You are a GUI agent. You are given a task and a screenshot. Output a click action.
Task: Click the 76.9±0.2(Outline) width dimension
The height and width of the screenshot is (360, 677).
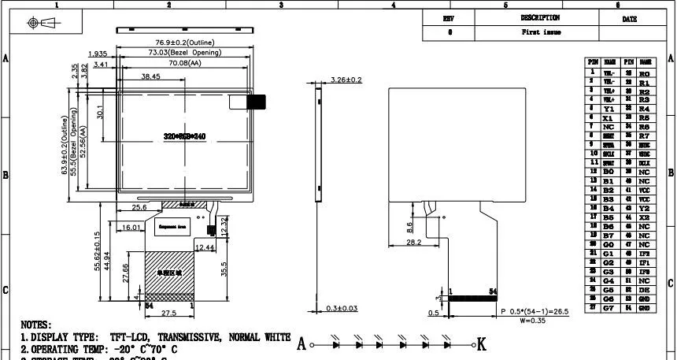tap(184, 42)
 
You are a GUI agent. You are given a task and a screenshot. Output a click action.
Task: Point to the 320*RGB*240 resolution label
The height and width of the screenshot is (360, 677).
tap(184, 135)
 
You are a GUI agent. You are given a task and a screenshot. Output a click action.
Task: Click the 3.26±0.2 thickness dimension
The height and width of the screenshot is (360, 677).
tap(346, 80)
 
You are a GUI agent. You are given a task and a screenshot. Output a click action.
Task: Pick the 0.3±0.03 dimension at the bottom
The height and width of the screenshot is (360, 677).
tap(341, 308)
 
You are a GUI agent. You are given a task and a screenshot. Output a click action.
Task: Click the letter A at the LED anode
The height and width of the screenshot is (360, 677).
tap(302, 344)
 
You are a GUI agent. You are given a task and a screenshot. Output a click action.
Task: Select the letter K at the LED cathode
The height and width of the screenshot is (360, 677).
tap(482, 344)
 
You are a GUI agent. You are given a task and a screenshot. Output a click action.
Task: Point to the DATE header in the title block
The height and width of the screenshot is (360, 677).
tap(629, 18)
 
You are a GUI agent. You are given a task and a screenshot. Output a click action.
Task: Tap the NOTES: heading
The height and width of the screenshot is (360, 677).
tap(35, 325)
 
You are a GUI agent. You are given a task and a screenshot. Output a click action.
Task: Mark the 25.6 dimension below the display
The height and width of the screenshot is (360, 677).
tap(139, 207)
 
